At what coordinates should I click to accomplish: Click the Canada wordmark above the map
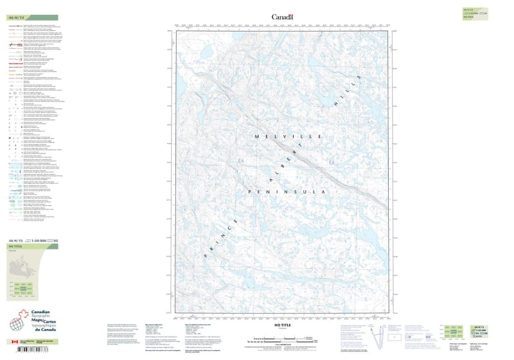click(282, 17)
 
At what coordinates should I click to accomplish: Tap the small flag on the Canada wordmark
click(291, 15)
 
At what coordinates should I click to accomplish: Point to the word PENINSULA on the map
click(288, 192)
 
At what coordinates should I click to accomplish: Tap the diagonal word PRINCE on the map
click(222, 235)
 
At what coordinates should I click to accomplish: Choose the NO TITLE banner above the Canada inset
click(32, 247)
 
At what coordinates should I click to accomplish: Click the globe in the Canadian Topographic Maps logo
click(17, 323)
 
